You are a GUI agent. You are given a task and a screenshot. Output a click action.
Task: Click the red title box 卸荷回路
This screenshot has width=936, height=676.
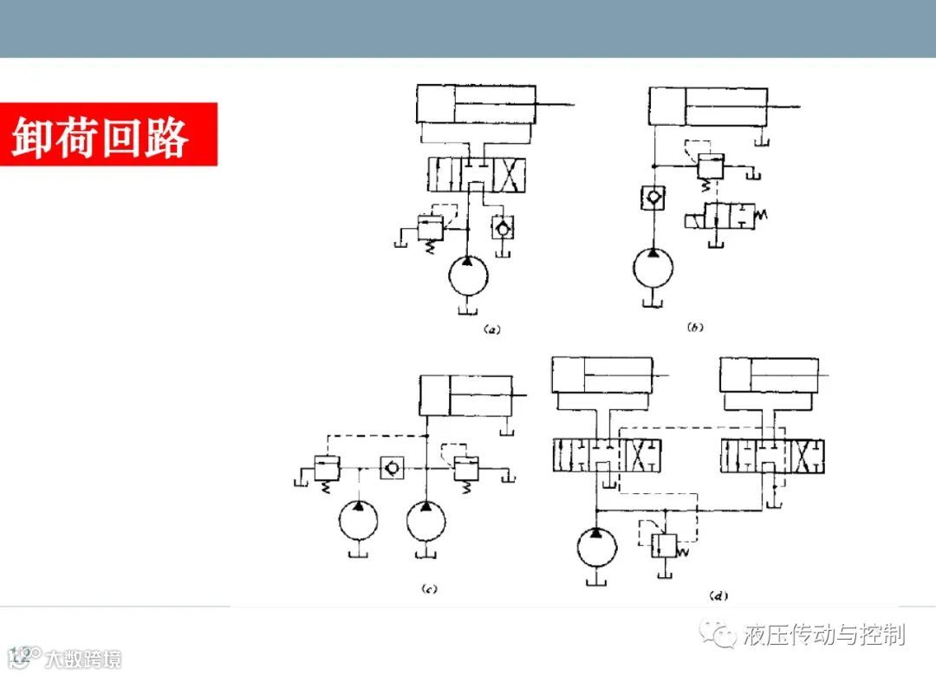pos(108,134)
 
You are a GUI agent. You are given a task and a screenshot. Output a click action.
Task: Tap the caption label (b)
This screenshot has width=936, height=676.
pos(695,327)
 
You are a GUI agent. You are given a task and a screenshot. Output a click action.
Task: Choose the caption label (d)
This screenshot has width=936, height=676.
pos(718,595)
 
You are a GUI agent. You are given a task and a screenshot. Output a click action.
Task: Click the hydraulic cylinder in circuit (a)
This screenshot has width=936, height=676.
pos(476,105)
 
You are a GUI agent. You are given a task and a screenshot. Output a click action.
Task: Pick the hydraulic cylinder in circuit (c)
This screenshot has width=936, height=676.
pos(465,396)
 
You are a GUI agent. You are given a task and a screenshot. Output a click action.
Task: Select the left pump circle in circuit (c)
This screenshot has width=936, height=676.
pos(359,520)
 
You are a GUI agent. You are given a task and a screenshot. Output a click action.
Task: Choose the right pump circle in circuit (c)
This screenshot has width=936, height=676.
pos(426,520)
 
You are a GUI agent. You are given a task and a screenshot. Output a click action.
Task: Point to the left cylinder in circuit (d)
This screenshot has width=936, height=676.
pos(601,374)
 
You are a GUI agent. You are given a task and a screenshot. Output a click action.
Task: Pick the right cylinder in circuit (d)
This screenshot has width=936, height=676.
pos(771,374)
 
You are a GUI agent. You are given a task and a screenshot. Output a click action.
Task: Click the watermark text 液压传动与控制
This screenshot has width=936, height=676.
pos(823,634)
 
